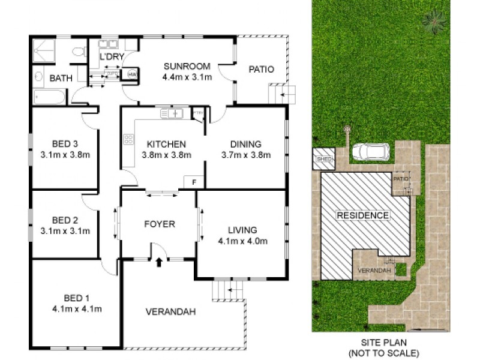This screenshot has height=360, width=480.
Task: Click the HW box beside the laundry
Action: point(131,74)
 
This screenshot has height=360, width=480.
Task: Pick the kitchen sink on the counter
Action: point(172,113)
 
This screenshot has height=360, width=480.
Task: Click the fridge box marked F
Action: point(194,182)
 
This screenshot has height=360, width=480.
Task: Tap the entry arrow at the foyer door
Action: point(159,262)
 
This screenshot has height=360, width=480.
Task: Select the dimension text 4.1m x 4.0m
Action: point(242,241)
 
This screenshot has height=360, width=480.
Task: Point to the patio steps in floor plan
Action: point(281,94)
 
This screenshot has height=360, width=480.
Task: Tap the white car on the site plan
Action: point(370,152)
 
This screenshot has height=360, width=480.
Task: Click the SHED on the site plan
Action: point(324,158)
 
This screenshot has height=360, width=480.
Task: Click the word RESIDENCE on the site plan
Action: point(362,215)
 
